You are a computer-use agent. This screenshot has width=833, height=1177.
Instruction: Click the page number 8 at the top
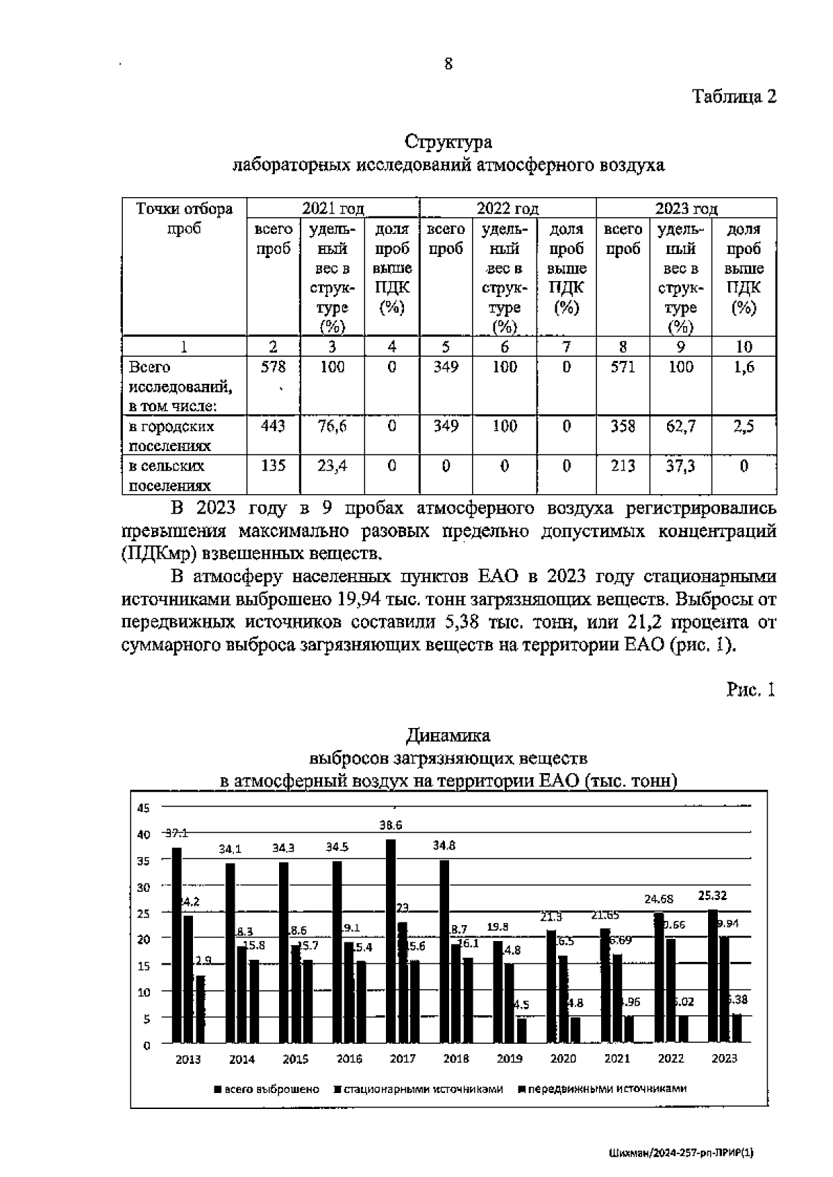tap(448, 64)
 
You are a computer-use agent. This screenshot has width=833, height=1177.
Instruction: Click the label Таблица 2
tap(734, 96)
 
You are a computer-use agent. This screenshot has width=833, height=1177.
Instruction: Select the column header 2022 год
tap(507, 208)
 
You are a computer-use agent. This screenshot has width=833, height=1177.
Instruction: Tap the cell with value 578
tap(273, 367)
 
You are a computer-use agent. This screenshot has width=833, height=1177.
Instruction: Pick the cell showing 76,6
tap(332, 427)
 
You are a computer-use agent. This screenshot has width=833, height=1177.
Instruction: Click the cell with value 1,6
tap(743, 367)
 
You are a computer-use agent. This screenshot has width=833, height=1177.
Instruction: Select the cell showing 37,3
tap(680, 466)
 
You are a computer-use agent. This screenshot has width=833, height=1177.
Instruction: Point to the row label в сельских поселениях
tap(170, 475)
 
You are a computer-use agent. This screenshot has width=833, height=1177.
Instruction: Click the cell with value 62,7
tap(680, 427)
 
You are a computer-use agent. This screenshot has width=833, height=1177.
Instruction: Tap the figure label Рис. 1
tap(750, 689)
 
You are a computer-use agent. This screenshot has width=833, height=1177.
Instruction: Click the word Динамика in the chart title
tap(448, 735)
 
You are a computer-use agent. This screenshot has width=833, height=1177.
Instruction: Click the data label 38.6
tap(391, 825)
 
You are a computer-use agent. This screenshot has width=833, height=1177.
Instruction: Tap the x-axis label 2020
tap(563, 1059)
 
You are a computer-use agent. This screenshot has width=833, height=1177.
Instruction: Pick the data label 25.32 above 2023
tap(712, 896)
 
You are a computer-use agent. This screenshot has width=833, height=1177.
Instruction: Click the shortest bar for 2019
tap(521, 1031)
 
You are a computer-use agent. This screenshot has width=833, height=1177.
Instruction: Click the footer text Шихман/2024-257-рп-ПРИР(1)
tap(680, 1153)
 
